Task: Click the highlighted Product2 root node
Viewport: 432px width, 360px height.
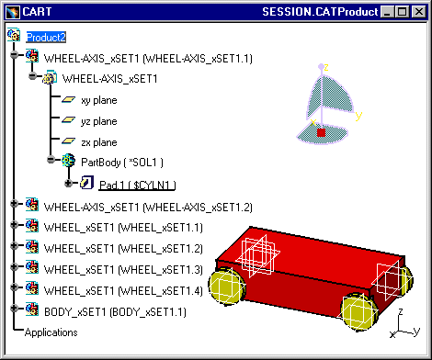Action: (x=46, y=38)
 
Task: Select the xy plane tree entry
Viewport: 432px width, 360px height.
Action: (x=99, y=100)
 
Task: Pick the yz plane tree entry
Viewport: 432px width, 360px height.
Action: (x=99, y=121)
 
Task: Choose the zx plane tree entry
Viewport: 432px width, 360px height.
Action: (x=99, y=142)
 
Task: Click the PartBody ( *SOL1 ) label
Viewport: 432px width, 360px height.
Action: (x=122, y=163)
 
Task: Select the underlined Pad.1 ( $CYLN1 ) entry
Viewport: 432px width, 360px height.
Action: (x=137, y=186)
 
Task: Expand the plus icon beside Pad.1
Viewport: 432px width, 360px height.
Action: (x=68, y=183)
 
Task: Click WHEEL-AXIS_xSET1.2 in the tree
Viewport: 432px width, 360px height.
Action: (x=148, y=208)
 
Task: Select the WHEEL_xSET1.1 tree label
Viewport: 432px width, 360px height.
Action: (x=123, y=228)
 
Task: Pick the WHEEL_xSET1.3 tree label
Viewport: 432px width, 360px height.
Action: (x=123, y=270)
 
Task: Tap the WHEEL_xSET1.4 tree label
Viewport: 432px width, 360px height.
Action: (x=123, y=290)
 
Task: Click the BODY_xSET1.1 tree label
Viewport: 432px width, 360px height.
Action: (x=115, y=312)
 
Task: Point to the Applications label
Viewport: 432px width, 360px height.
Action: (x=51, y=332)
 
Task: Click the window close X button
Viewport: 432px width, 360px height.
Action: (x=419, y=12)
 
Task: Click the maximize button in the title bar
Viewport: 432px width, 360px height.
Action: (x=402, y=12)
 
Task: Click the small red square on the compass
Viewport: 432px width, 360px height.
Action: (x=321, y=133)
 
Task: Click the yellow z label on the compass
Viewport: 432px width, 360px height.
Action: (x=326, y=67)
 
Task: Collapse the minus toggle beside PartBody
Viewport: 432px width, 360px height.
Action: (x=51, y=159)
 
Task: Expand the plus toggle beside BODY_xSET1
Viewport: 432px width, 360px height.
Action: (x=14, y=309)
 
